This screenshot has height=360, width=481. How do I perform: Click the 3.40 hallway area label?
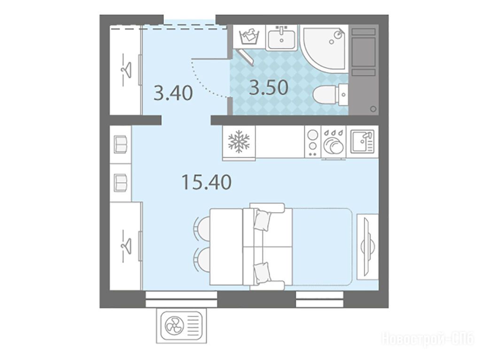pos(173,93)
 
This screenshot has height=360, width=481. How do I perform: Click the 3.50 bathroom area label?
pos(269,87)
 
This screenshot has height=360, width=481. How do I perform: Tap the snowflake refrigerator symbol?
pos(239,142)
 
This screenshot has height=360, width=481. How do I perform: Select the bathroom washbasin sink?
pos(281,38)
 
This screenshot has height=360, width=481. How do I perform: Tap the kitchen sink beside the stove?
pos(362,142)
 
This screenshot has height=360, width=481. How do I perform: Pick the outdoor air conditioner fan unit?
pos(181,325)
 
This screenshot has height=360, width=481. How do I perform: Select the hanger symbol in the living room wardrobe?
pos(125,245)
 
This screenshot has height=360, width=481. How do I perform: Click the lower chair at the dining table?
pos(202,260)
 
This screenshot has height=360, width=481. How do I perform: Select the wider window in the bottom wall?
pos(181,299)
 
